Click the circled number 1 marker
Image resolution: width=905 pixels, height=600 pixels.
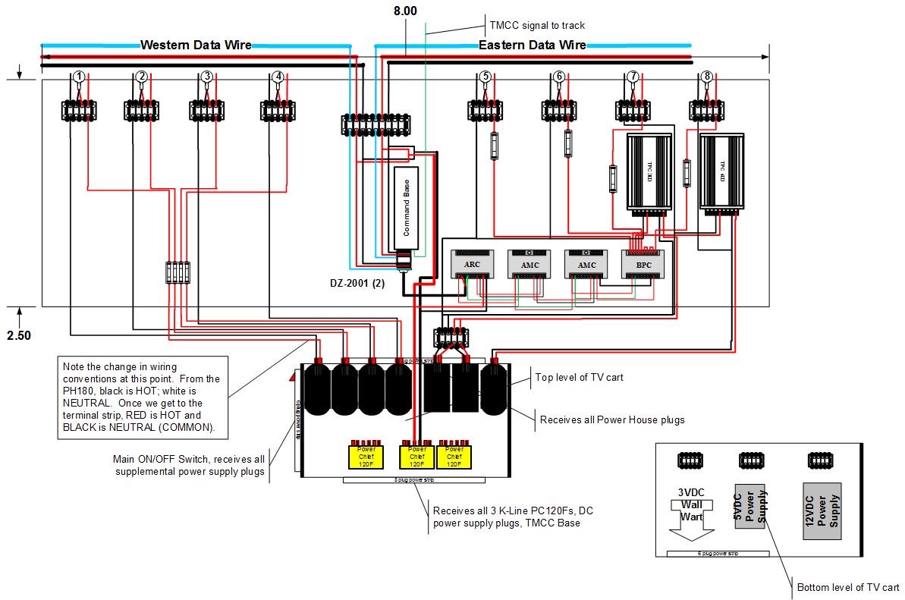(79, 76)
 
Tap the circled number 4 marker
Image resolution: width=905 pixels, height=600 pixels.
(278, 76)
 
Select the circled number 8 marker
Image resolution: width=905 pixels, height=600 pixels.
(706, 76)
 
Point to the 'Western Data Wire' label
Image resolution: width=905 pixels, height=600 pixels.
(196, 45)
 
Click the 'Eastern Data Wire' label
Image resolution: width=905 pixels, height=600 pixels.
(532, 45)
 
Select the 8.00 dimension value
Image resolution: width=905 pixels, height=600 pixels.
(404, 11)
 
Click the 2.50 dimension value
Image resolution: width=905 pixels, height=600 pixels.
(20, 335)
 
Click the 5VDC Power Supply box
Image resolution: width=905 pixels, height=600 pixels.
(749, 511)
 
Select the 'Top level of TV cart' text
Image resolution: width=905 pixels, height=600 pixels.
(579, 377)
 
